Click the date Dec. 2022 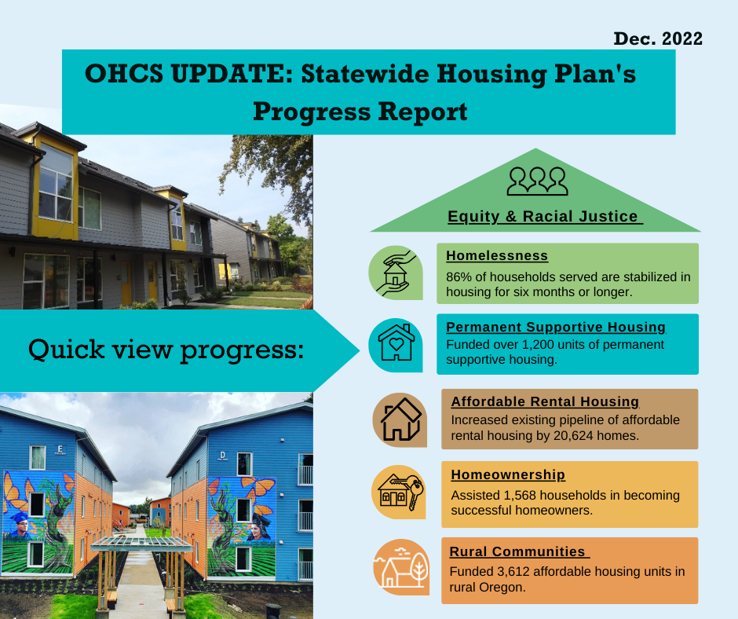[x=657, y=38]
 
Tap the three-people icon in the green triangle [x=537, y=181]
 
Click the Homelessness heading [x=497, y=255]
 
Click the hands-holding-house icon [x=396, y=273]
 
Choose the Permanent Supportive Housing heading [x=556, y=327]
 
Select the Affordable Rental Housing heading [x=545, y=401]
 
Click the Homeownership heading [x=508, y=474]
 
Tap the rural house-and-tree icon [x=401, y=566]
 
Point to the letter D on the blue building [x=222, y=455]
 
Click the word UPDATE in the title [x=232, y=74]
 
